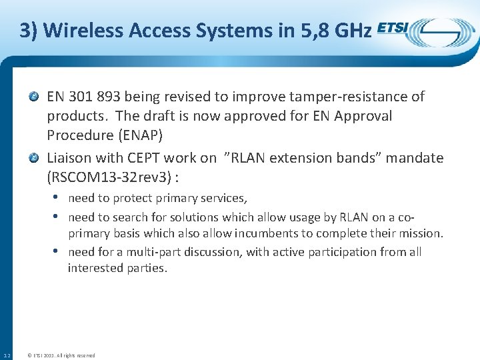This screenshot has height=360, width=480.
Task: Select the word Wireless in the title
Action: (82, 31)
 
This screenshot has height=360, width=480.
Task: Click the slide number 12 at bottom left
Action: (6, 355)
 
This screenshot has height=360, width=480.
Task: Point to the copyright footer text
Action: (60, 355)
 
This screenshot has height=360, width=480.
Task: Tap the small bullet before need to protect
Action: (59, 198)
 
